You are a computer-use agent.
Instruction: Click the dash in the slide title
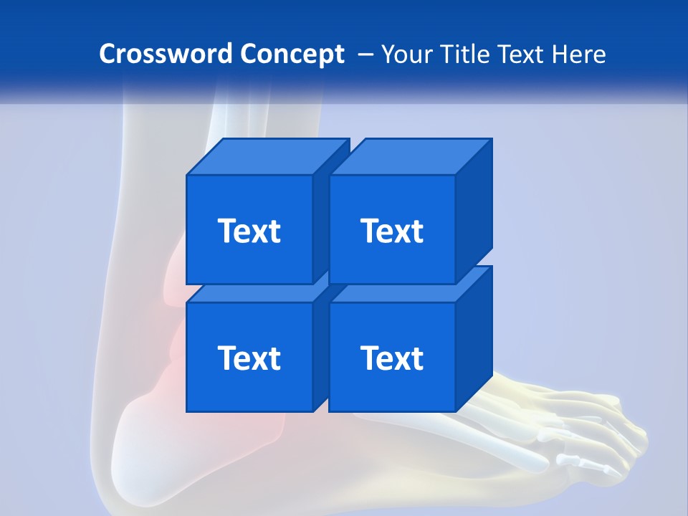click(x=364, y=54)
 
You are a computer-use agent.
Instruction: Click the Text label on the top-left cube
click(x=249, y=231)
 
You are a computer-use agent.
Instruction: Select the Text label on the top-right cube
click(x=392, y=231)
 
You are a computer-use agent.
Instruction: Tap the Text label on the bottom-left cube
click(x=249, y=358)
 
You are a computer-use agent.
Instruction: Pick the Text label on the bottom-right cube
click(x=392, y=358)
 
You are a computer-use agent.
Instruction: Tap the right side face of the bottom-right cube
click(x=474, y=337)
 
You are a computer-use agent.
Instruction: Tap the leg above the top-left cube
click(x=179, y=122)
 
